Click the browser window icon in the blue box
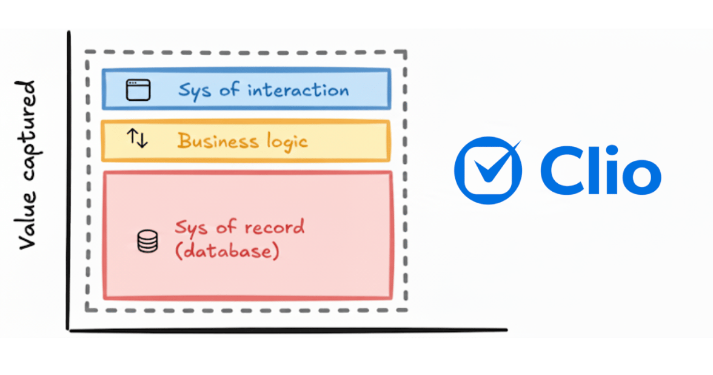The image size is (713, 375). (x=138, y=90)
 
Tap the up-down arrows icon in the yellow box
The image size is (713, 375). (x=137, y=139)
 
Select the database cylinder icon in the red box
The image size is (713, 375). (x=147, y=241)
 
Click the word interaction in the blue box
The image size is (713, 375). (x=298, y=90)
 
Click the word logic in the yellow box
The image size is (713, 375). (x=287, y=142)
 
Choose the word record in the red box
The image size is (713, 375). (x=274, y=228)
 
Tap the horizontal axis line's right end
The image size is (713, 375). (x=504, y=330)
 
